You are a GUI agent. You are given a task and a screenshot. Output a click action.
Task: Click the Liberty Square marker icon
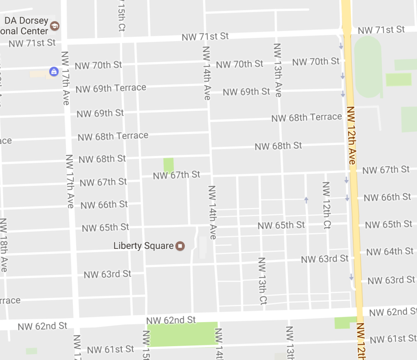pos(180,246)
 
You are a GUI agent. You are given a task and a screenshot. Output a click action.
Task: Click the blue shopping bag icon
pos(53,72)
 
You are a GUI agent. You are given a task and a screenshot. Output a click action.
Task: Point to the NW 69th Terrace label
pos(111,88)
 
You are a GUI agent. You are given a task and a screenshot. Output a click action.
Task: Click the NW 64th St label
pos(390,252)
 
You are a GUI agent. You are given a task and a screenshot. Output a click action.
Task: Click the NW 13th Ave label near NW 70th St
pos(277,70)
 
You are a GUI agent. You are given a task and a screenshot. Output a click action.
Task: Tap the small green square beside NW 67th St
pos(168,165)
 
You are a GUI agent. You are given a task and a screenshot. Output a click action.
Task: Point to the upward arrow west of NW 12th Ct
pos(306,200)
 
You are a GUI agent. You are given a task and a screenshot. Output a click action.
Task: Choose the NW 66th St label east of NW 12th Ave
pos(387,198)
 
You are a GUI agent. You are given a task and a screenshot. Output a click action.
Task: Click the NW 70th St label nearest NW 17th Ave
pos(98,65)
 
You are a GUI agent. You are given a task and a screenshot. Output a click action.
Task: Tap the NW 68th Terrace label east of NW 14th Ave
pos(307,118)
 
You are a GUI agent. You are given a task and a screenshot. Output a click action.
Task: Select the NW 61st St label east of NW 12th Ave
pos(393,339)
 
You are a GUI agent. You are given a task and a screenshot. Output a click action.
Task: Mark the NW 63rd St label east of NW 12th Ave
pos(391,280)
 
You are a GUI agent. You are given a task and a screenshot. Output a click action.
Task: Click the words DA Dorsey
pos(26,20)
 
